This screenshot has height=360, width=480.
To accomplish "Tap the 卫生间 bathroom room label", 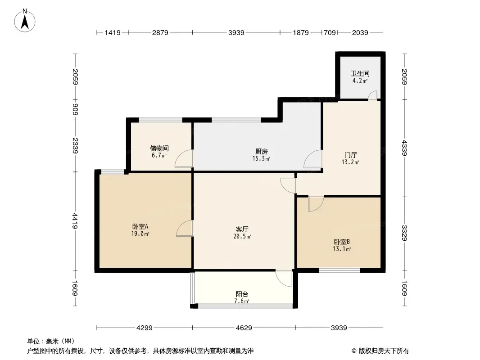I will click(360, 73).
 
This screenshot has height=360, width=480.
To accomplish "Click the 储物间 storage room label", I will click(159, 148).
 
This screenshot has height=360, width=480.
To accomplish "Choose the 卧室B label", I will click(342, 242).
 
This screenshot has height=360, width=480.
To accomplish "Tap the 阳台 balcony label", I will click(242, 294).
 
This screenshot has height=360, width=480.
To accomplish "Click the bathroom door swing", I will click(372, 95).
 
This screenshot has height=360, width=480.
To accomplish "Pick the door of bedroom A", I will click(185, 228).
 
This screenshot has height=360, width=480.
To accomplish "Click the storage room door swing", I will click(184, 159).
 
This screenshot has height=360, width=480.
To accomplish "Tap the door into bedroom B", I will click(315, 204).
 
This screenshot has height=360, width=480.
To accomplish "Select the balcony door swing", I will click(285, 278).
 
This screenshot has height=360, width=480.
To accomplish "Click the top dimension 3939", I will click(236, 32).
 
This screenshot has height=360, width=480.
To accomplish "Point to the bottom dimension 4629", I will click(243, 328).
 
